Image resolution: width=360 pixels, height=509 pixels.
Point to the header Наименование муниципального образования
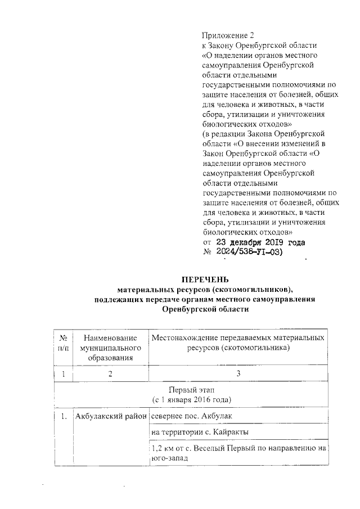click(110, 347)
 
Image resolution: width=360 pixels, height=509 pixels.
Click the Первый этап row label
click(191, 390)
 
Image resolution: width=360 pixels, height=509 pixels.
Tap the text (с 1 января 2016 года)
click(191, 399)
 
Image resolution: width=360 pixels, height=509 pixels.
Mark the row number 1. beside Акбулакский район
click(64, 416)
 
